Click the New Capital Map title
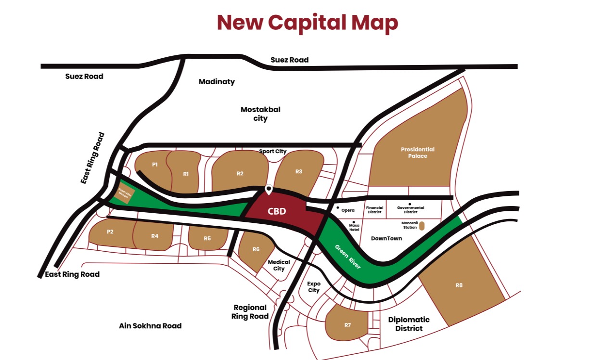coord(308,23)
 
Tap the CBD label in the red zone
coord(277,211)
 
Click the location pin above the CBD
coord(269,189)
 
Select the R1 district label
coord(186,174)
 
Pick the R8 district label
coord(459,285)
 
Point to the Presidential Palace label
coord(417,153)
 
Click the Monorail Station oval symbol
coord(422,225)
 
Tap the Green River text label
coord(348,256)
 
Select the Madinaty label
coord(217,82)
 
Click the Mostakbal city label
coord(260,114)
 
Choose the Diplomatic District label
coord(409,324)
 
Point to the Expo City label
coord(314,287)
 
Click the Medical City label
coord(279,265)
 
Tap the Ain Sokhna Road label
coord(150,326)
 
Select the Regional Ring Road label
coord(250,312)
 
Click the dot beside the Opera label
coord(337,207)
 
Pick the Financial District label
coord(374,210)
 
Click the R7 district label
coord(347,325)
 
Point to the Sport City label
coord(273,151)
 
